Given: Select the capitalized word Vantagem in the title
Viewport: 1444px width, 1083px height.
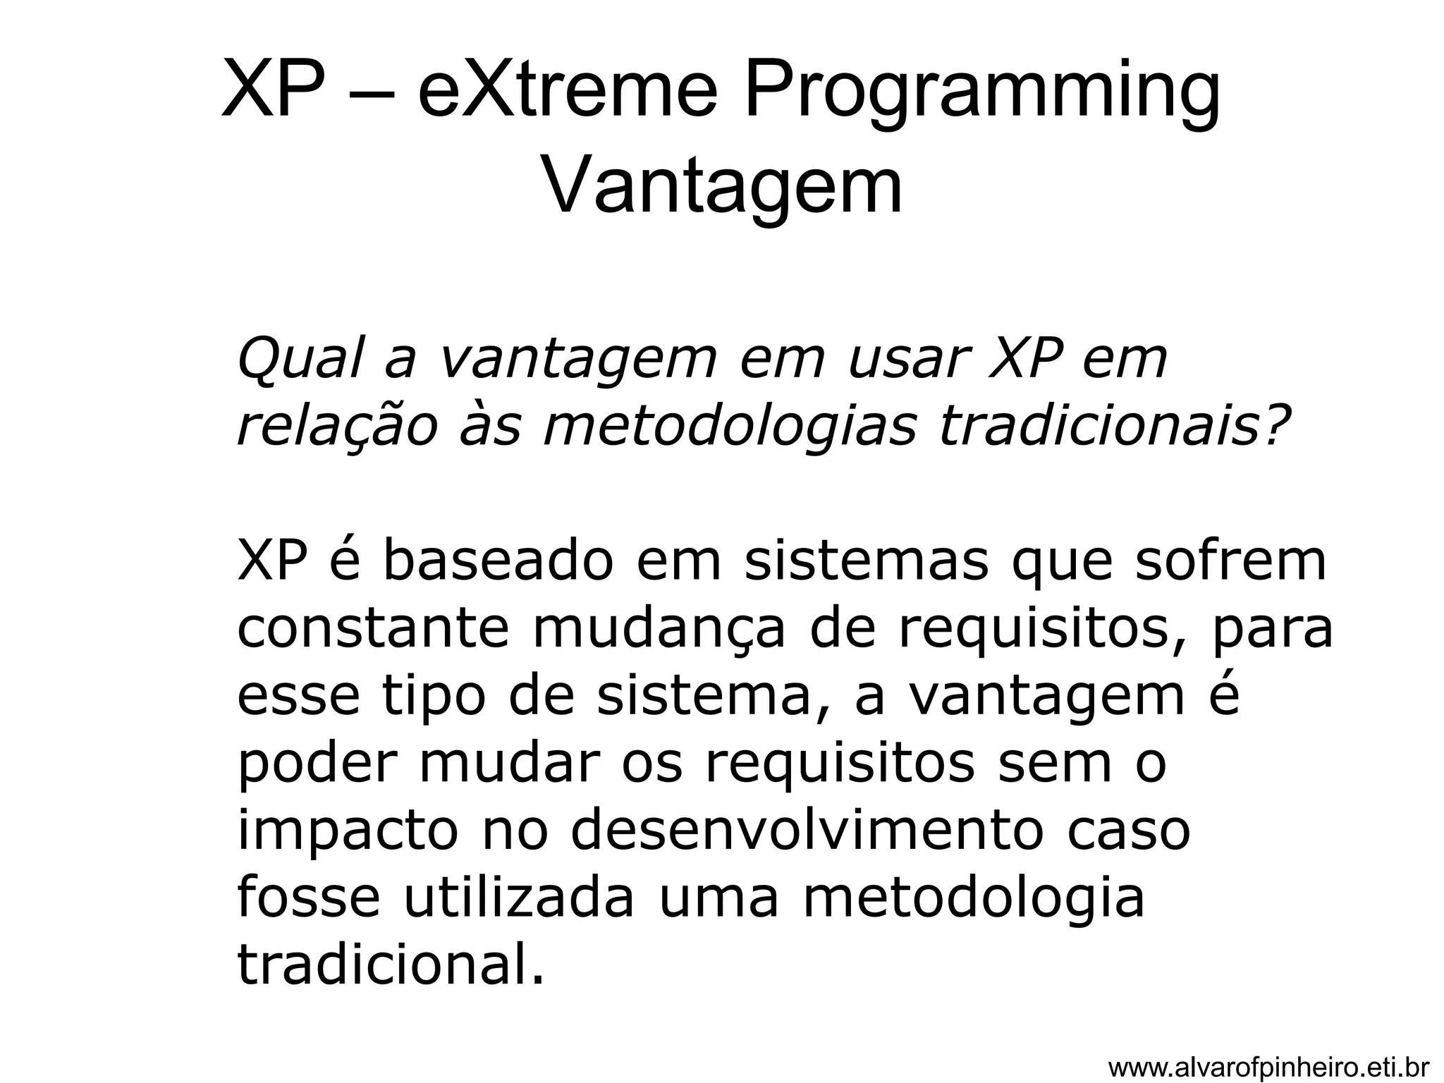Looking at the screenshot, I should coord(722,186).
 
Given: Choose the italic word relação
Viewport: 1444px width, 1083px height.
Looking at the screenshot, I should coord(338,427).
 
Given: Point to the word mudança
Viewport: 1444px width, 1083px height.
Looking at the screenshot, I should coord(659,630).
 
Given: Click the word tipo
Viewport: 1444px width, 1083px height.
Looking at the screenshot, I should coord(434,697).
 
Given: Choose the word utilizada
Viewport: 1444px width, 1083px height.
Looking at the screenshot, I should coord(519,898).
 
